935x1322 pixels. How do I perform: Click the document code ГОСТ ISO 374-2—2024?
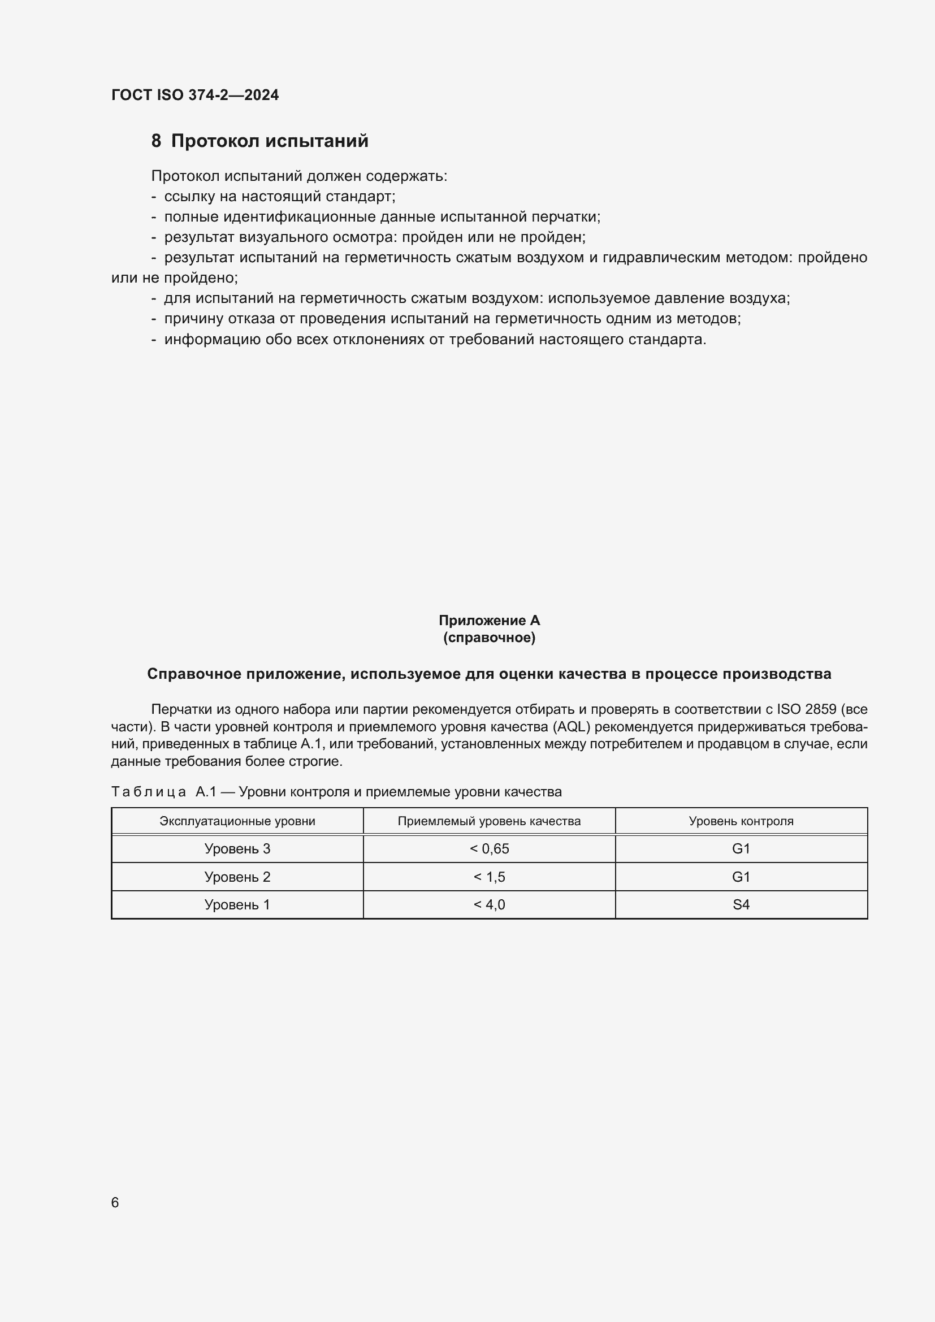tap(194, 95)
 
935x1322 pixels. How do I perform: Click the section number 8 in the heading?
tap(156, 141)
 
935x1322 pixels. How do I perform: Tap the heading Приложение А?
tap(489, 620)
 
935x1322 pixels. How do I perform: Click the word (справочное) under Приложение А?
tap(489, 638)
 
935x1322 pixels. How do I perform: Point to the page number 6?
tap(115, 1202)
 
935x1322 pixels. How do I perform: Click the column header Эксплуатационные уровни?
tap(237, 821)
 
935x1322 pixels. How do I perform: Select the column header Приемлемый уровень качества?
tap(489, 821)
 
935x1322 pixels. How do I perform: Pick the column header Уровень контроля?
tap(741, 821)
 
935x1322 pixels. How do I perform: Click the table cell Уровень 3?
tap(237, 849)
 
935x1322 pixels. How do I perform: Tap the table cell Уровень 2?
tap(237, 877)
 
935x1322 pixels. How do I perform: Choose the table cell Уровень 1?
tap(237, 904)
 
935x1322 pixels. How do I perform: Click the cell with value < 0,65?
tap(489, 849)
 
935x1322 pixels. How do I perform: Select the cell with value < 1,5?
tap(489, 877)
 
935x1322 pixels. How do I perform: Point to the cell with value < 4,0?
tap(489, 904)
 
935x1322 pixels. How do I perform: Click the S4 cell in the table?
tap(741, 904)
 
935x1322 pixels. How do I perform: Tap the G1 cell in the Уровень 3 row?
tap(741, 849)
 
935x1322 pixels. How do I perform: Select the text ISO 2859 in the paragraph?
tap(806, 709)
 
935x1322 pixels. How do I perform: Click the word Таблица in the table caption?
tap(149, 792)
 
